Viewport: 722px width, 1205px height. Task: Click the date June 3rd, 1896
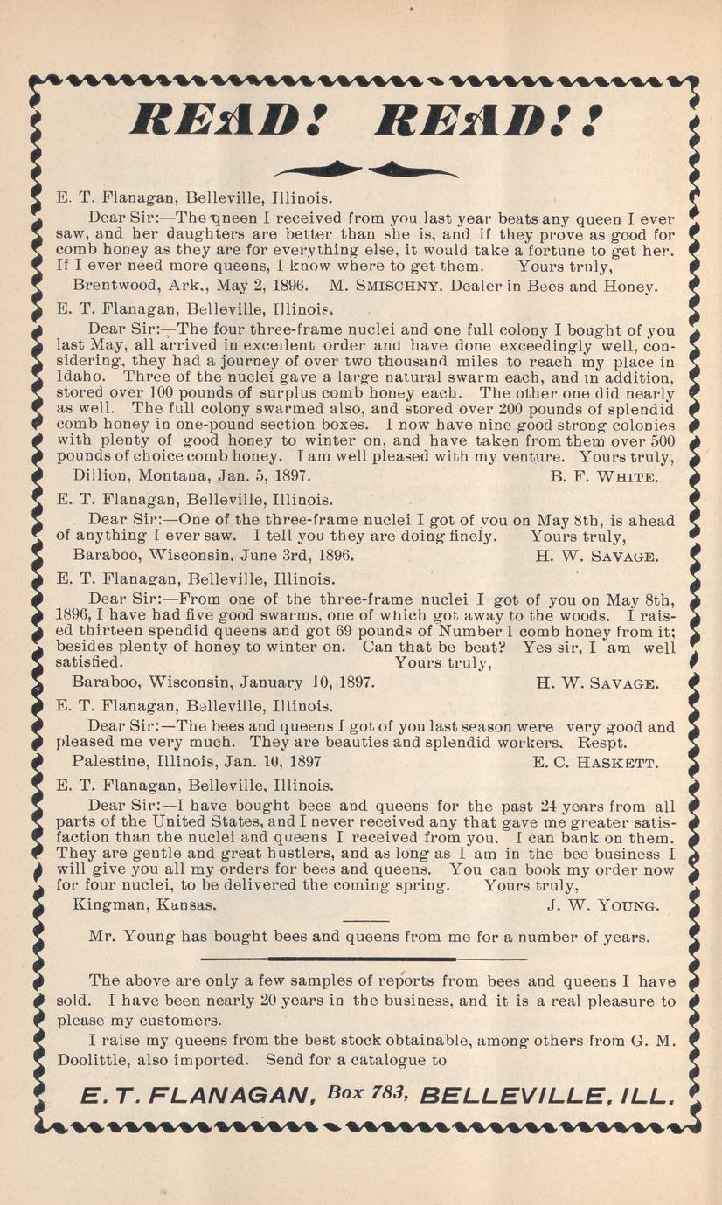(x=290, y=554)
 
